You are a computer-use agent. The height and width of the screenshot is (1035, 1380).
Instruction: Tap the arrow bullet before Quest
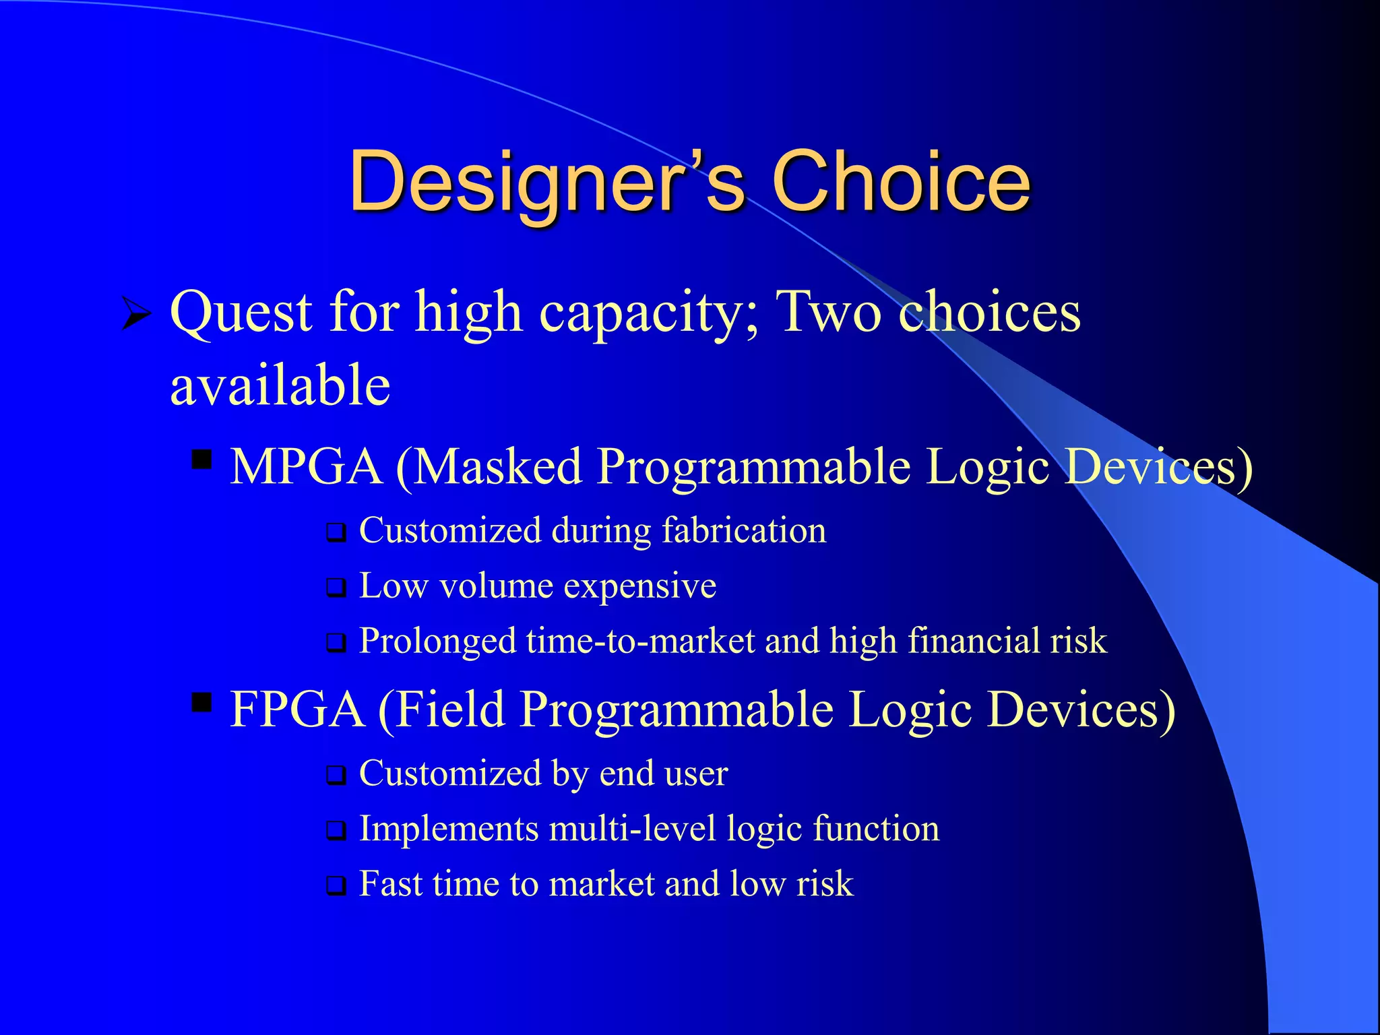(x=136, y=314)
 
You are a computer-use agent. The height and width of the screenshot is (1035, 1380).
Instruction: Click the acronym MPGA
(x=307, y=466)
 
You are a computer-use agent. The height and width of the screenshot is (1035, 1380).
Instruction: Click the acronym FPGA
(x=297, y=709)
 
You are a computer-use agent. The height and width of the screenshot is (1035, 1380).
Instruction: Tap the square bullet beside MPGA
(x=201, y=460)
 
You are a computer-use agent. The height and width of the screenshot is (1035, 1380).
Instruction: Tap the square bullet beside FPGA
(x=201, y=702)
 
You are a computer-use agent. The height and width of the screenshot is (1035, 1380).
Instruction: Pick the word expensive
(x=640, y=586)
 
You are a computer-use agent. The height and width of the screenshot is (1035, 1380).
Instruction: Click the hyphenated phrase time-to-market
(x=641, y=641)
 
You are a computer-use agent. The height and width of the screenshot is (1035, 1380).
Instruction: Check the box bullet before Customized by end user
(x=336, y=776)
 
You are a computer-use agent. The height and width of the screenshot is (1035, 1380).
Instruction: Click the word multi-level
(x=633, y=828)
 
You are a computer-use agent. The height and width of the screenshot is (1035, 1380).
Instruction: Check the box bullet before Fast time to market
(x=336, y=886)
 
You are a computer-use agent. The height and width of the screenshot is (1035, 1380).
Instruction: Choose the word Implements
(x=449, y=828)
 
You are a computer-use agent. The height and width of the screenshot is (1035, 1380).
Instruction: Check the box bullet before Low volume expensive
(x=336, y=588)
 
